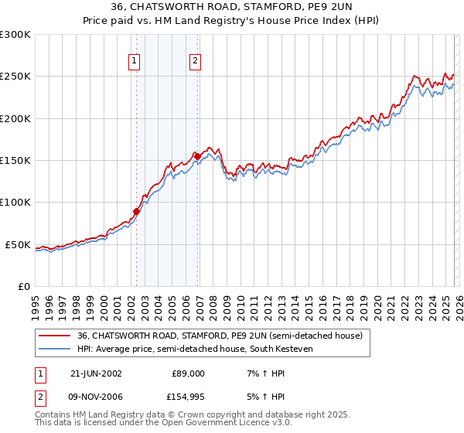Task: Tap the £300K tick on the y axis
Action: [15, 35]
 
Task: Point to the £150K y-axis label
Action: [15, 161]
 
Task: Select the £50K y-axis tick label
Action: [18, 244]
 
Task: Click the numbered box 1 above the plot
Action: [135, 62]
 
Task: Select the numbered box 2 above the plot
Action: [196, 62]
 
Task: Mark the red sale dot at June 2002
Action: [137, 210]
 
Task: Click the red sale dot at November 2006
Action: [197, 156]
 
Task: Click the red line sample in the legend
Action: [55, 336]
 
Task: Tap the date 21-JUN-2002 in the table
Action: [95, 373]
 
